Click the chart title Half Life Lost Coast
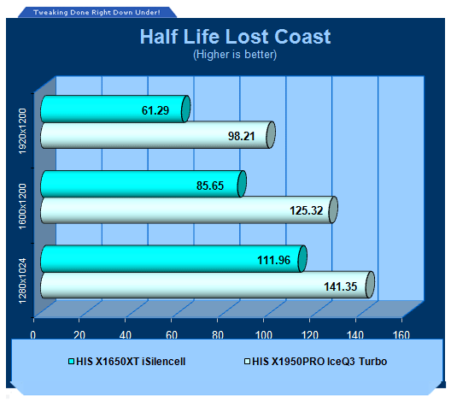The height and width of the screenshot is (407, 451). coord(235,37)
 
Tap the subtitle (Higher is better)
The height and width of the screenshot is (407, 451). coord(235,54)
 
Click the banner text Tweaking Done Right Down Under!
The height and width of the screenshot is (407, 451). coord(97,12)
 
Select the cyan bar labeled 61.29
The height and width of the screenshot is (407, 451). coord(115,109)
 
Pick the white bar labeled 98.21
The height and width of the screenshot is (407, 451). coord(158,135)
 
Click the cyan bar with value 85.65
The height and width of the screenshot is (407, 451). coord(143,184)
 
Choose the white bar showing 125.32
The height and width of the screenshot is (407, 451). coord(189,209)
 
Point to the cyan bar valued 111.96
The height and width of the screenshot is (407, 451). coord(173,259)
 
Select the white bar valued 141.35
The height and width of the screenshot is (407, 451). coord(208,285)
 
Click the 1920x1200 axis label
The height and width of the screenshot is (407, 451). coord(22,131)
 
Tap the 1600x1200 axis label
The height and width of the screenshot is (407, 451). coord(22,206)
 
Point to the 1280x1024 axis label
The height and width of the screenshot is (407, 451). coord(22,281)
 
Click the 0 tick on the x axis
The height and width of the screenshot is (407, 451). coord(33,334)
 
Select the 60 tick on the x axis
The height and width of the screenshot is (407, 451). coord(172,334)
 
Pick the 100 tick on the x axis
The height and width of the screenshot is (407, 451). coord(264,334)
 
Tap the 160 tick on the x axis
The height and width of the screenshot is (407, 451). coord(401,334)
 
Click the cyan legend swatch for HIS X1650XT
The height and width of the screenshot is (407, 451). coord(72,361)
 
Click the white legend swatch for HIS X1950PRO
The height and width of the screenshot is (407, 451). coord(247,361)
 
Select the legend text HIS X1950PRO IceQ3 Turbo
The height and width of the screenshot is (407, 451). coord(319,361)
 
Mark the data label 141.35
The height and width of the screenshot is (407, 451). coord(341,286)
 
